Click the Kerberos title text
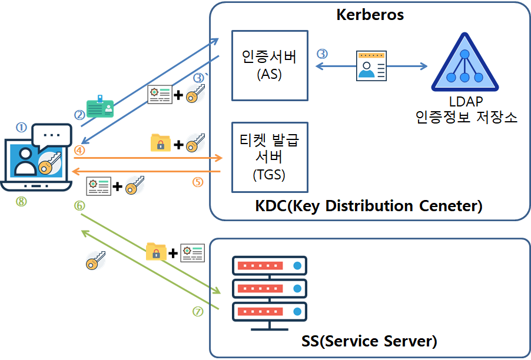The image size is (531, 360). point(370,15)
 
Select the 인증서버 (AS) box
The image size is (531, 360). point(270,65)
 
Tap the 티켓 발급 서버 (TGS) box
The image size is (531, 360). point(270,157)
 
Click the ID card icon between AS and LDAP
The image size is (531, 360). point(371,65)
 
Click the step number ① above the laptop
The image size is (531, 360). point(21,127)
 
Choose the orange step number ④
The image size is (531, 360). point(79,150)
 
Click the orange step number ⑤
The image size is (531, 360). point(198,182)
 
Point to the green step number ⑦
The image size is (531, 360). point(198,312)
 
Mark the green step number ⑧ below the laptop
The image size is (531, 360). point(21,202)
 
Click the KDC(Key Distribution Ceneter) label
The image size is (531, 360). point(369,206)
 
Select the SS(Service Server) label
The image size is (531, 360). point(369,341)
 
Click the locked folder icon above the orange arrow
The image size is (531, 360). point(160,143)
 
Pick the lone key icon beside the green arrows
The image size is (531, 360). point(95,261)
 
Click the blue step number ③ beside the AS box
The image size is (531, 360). point(322,54)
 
